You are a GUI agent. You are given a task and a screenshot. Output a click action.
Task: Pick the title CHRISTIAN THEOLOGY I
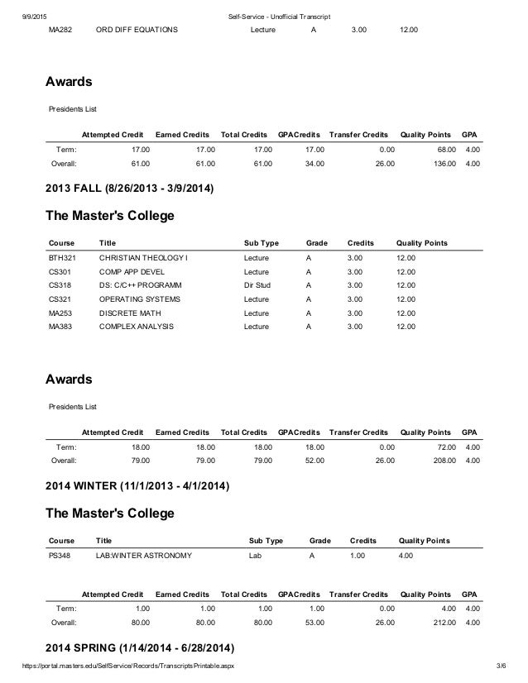click(143, 259)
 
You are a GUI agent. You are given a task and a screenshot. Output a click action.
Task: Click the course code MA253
click(61, 313)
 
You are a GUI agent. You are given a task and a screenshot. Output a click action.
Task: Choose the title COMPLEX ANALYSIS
click(138, 327)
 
